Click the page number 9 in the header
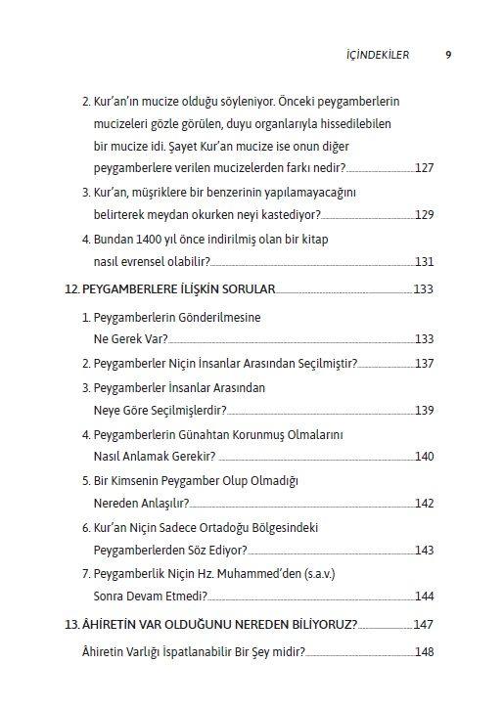[447, 55]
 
